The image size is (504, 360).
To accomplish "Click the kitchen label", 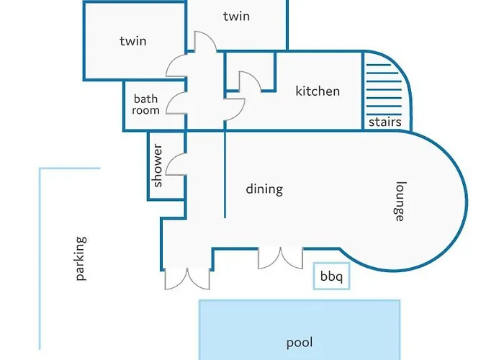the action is click(x=318, y=91).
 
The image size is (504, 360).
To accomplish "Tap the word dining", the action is click(x=264, y=189).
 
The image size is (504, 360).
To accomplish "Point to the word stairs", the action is click(x=385, y=122).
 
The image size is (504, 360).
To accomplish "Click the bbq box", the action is click(x=331, y=276).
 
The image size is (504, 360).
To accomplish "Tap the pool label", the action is click(x=300, y=343).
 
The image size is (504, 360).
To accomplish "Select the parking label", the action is click(x=81, y=258).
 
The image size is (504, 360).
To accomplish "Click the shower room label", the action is click(x=158, y=166).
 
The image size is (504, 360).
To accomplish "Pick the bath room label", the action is click(x=145, y=104).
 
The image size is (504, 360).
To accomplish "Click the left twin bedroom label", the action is click(x=133, y=41).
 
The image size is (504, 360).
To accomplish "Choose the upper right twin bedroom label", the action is click(x=237, y=16).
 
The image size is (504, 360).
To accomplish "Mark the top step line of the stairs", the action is click(x=378, y=65).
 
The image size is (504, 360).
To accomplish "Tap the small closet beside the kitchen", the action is click(x=250, y=71).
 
